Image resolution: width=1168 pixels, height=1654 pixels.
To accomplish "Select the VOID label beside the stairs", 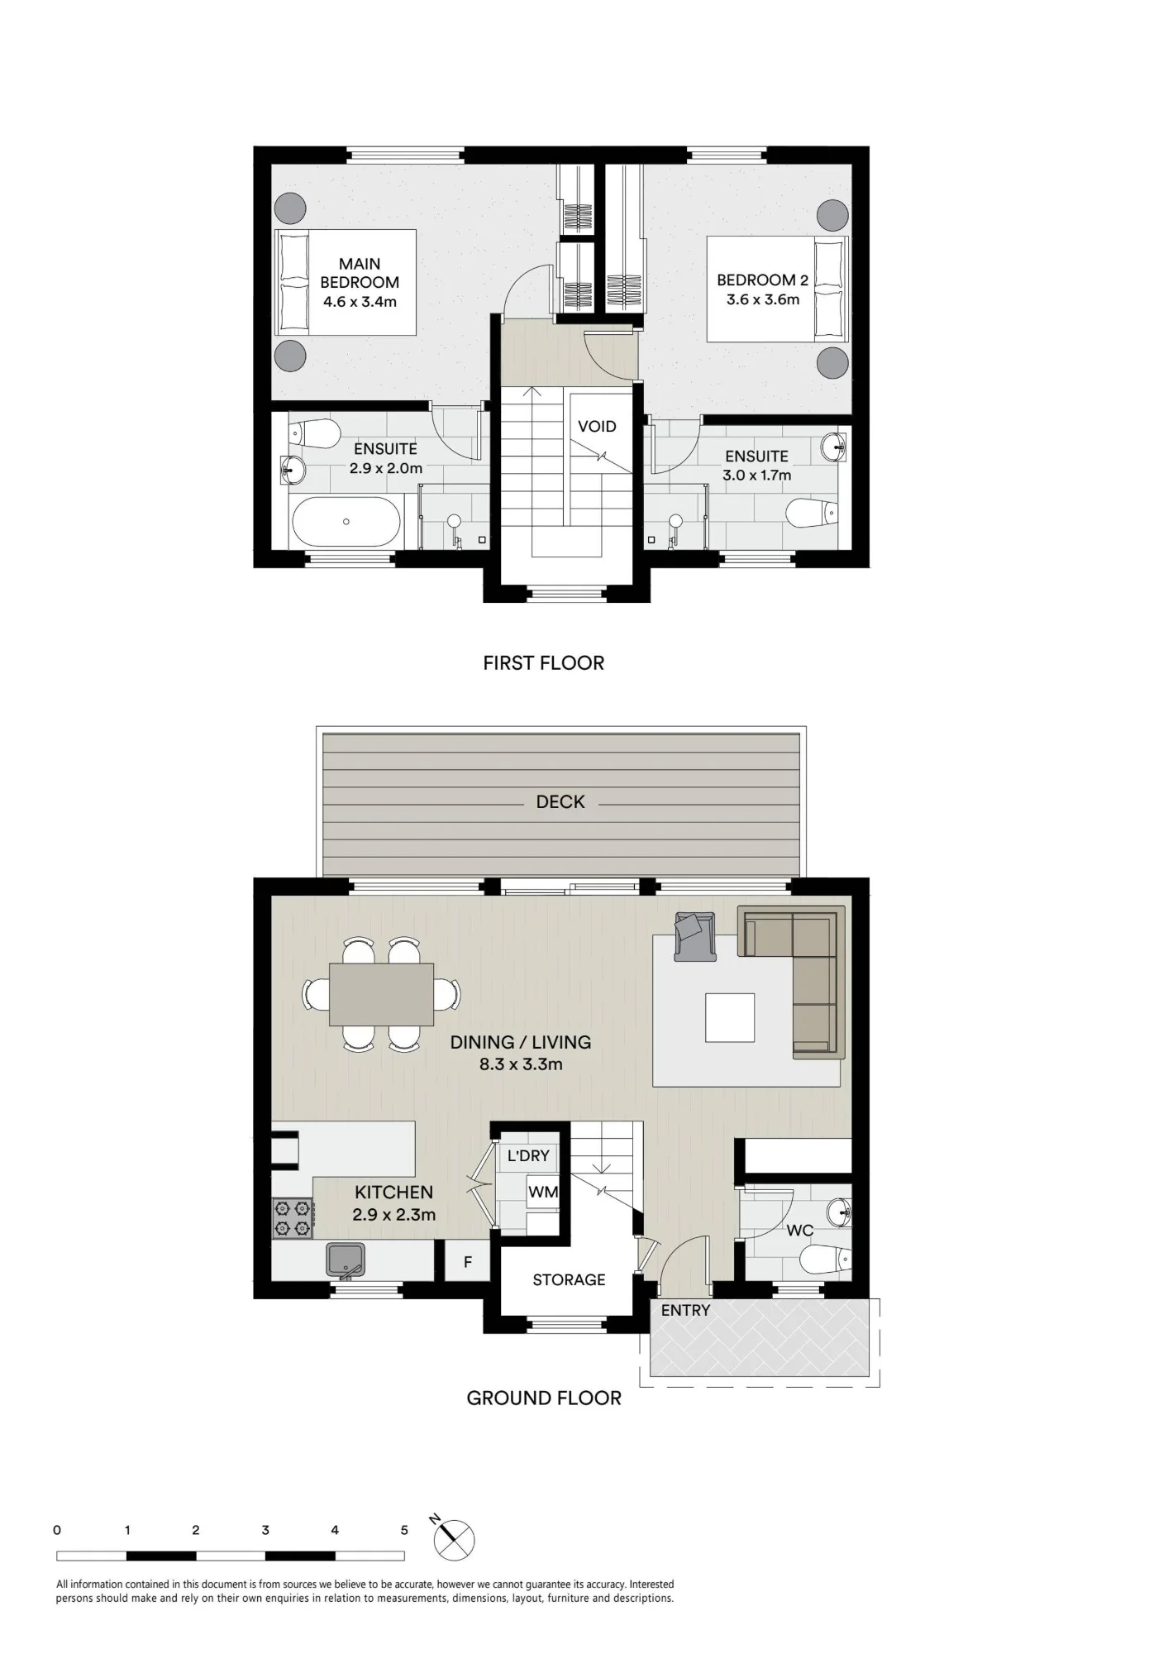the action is click(597, 427).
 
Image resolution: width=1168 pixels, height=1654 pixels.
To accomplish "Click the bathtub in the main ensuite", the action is click(346, 521).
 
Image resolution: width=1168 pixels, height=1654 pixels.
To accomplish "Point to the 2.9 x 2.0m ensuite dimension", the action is click(386, 468).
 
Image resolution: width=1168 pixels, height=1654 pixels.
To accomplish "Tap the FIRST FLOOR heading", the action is click(544, 663).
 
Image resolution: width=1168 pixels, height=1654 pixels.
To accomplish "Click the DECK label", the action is click(560, 802).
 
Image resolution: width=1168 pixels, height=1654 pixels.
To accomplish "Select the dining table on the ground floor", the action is click(381, 994).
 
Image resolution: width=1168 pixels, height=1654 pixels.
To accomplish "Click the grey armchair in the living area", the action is click(694, 936).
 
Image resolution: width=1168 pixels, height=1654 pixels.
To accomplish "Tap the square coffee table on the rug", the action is click(730, 1017).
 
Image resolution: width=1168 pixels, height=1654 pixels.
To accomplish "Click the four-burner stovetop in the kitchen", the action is click(292, 1219).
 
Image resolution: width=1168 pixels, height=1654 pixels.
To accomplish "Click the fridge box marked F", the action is click(468, 1262).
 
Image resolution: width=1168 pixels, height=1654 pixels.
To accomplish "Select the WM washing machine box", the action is click(543, 1193).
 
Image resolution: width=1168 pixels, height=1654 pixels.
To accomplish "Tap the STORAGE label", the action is click(569, 1280).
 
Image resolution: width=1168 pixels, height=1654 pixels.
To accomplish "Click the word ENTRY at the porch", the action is click(685, 1311).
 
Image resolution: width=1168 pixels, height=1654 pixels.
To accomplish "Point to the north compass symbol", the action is click(454, 1538).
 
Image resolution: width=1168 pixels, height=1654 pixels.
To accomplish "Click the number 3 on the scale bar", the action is click(265, 1530).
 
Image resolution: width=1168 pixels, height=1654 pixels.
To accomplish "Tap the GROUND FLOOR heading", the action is click(544, 1398).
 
